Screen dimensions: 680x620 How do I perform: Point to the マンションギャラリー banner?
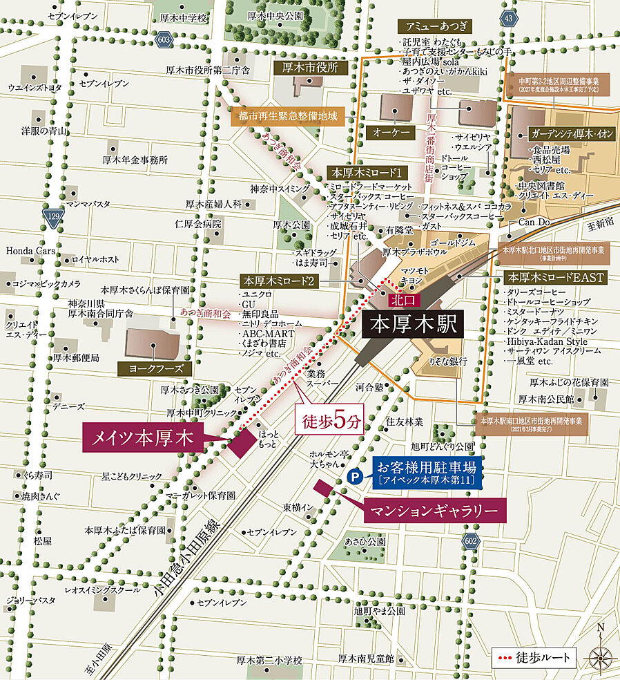click(x=434, y=510)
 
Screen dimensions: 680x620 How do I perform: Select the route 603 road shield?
click(x=164, y=40)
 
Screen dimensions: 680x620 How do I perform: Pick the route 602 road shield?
click(x=471, y=542)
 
